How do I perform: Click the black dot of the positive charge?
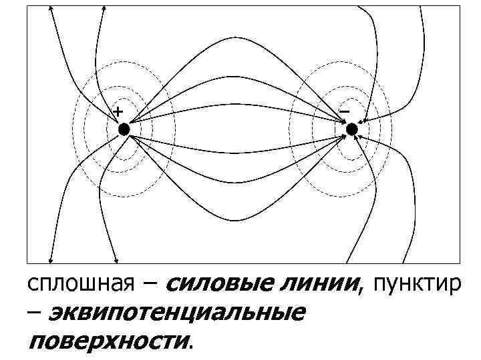[x=123, y=129]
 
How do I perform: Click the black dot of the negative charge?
[x=351, y=129]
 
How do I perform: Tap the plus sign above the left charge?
[x=118, y=110]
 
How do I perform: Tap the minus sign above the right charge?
[x=343, y=110]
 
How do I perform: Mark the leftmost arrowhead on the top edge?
[x=51, y=10]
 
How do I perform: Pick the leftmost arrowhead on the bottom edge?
[x=51, y=260]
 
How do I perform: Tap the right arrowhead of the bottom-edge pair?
[x=117, y=260]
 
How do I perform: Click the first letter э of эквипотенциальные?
[x=57, y=313]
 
